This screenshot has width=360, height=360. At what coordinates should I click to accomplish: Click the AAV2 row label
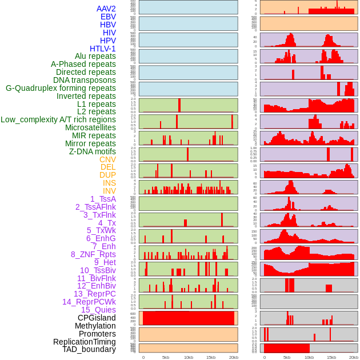(106, 9)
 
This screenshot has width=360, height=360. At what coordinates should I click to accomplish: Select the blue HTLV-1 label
(102, 49)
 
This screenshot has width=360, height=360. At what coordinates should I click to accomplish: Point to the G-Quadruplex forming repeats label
(61, 88)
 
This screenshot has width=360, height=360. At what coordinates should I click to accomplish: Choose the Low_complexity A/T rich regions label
(58, 119)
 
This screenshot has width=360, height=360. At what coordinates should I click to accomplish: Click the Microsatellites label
(90, 127)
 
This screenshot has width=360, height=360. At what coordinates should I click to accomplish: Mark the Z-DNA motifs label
(92, 151)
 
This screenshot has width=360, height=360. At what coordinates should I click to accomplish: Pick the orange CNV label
(107, 159)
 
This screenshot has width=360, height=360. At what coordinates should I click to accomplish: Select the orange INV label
(109, 191)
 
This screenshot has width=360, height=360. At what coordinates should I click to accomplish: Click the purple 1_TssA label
(103, 199)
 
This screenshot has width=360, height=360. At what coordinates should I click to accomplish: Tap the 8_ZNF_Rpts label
(93, 254)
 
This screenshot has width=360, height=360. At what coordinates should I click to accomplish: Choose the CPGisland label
(97, 318)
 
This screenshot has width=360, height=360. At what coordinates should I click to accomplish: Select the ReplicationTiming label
(84, 342)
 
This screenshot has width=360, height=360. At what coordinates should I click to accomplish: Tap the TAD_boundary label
(89, 349)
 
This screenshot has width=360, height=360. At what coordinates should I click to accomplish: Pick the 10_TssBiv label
(98, 270)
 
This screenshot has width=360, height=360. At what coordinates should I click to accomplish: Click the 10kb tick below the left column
(188, 357)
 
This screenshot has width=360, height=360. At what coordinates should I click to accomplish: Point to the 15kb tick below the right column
(331, 357)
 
